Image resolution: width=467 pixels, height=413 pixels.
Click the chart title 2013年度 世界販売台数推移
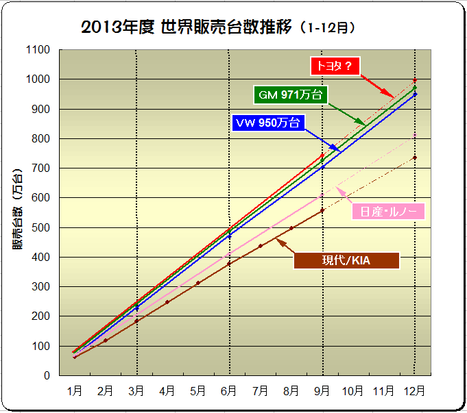(x=218, y=28)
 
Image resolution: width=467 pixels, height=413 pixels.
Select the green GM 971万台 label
(x=291, y=95)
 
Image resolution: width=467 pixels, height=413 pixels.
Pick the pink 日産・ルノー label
(x=388, y=211)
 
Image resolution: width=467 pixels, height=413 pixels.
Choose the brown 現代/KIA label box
(x=346, y=261)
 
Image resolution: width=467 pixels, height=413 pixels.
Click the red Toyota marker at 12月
(x=414, y=81)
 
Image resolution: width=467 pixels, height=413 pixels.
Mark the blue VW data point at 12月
(x=414, y=95)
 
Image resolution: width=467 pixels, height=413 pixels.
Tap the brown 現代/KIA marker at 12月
(x=414, y=158)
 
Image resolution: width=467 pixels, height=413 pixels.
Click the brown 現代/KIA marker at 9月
(x=322, y=210)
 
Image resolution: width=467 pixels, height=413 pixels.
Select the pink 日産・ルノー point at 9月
(x=322, y=195)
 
